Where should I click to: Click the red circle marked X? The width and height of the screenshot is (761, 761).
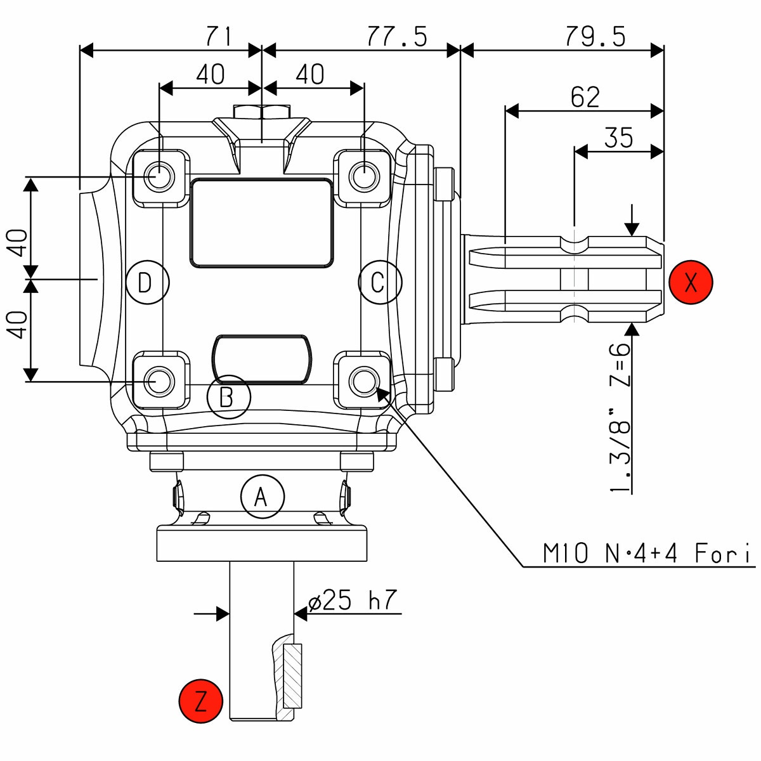691,282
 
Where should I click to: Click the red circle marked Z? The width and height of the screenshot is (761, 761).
201,701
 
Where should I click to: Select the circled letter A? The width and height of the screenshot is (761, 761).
263,497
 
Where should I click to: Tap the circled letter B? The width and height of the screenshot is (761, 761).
229,397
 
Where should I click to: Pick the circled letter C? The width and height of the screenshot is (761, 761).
380,282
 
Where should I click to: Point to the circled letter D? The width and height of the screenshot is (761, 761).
147,282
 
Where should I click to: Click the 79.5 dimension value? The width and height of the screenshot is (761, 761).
594,37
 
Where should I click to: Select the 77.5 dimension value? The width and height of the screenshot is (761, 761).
396,37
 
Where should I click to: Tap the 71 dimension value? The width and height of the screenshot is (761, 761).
218,37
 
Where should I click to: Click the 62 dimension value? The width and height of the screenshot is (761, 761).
585,98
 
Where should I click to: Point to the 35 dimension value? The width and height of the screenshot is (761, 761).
618,138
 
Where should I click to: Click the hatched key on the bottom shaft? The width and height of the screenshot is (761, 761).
293,676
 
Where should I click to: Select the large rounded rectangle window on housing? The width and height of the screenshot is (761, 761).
262,222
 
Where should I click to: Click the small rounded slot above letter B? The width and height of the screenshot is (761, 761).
262,359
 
